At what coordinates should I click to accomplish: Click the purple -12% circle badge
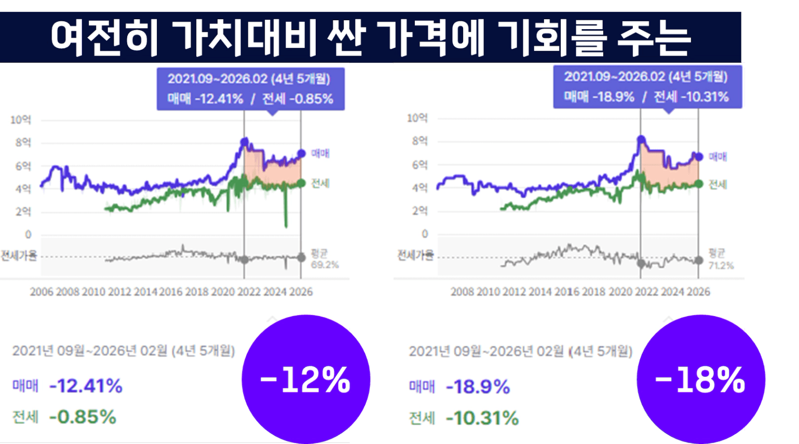point(306,380)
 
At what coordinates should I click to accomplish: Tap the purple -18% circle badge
point(701,380)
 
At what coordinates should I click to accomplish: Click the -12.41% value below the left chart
point(86,386)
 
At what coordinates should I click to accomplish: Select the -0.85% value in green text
point(83,417)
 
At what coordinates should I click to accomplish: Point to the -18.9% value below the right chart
point(478,387)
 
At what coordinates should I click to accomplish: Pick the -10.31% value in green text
point(482,418)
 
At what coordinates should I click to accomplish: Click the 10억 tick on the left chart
point(21,120)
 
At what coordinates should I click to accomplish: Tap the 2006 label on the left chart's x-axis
point(42,292)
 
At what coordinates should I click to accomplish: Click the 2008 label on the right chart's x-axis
point(462,292)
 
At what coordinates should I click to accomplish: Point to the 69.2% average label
point(324,265)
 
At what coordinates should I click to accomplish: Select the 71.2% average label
point(721,266)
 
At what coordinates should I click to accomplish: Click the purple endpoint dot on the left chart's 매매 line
point(301,153)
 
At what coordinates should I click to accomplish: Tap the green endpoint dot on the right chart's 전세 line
point(699,184)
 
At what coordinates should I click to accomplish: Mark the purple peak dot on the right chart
point(641,139)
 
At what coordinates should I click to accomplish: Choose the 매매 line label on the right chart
point(717,156)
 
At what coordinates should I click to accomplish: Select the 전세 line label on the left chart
point(320,184)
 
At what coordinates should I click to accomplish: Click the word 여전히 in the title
point(104,38)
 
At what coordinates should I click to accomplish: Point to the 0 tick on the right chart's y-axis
point(425,234)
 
